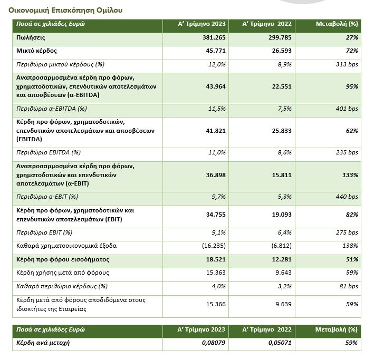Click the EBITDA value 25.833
pos(281,130)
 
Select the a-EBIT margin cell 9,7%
pos(218,196)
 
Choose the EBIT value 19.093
pos(281,218)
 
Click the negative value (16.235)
pos(214,246)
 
